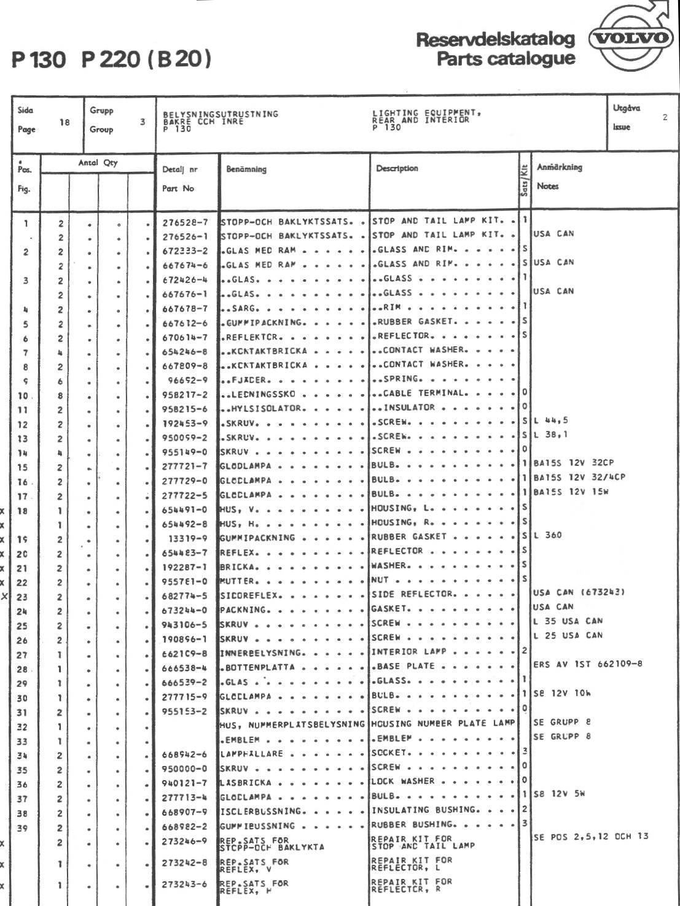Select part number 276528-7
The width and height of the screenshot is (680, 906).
(x=185, y=222)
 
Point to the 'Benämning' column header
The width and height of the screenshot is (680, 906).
(x=246, y=169)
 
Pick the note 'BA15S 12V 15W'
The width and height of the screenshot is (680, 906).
(x=571, y=492)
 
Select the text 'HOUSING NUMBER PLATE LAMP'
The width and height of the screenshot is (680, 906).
(x=443, y=724)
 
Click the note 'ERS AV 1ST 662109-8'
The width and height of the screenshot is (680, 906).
(x=588, y=664)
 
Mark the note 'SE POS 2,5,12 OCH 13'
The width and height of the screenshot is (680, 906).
(x=590, y=837)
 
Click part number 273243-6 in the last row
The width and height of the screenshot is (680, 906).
(x=185, y=885)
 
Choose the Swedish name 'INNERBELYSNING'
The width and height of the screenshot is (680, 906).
(x=261, y=653)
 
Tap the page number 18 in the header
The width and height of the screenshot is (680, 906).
(x=64, y=122)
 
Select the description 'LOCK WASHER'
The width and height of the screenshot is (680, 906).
(x=403, y=781)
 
